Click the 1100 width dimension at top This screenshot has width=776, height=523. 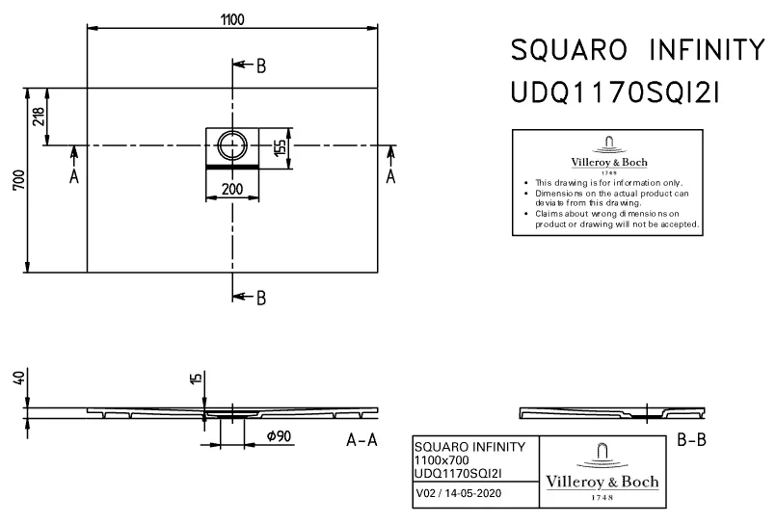tap(231, 19)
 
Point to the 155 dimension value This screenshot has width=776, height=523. tap(279, 148)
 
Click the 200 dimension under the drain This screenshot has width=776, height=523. tap(231, 189)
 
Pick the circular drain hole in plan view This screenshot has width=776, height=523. tap(232, 146)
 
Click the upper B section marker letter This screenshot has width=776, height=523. tap(260, 66)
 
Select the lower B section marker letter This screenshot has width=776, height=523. tap(260, 298)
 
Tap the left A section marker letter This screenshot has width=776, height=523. tap(74, 176)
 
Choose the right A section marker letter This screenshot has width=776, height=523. tap(390, 176)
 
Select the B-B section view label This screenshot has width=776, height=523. tap(694, 440)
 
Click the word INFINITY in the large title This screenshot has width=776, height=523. tap(701, 49)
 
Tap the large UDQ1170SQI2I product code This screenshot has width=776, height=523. tap(614, 93)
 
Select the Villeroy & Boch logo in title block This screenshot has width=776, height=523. tap(602, 471)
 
